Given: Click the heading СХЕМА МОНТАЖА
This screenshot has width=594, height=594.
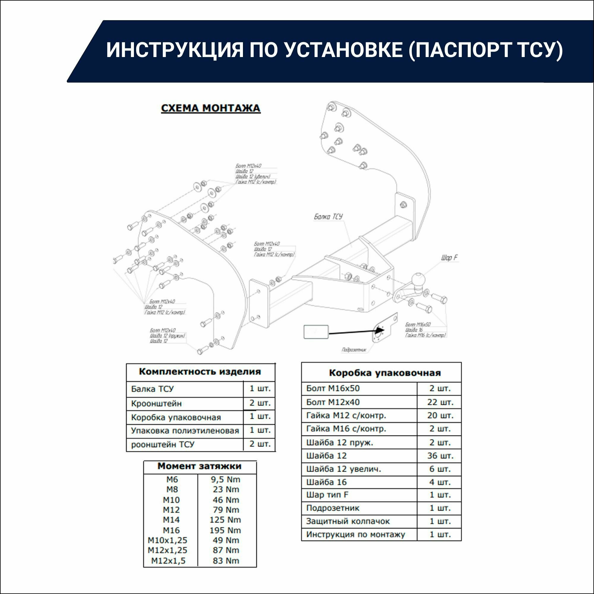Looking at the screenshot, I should point(211,108).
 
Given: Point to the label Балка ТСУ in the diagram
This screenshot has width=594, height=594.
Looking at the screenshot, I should point(328,217).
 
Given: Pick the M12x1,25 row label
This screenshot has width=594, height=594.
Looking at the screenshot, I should point(167,550).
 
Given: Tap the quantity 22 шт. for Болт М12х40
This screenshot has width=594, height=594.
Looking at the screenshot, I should point(440,402).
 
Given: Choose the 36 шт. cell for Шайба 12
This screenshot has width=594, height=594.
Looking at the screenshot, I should point(440,456).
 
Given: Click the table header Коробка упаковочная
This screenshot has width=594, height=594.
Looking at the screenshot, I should point(385,373).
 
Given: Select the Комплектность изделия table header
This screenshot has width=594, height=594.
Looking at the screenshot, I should point(200,372).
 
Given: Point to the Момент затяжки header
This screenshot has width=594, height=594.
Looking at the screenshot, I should point(199,466).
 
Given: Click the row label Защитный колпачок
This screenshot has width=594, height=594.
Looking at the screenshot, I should point(348,521).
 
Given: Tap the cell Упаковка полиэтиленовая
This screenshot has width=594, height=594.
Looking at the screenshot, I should point(185,430).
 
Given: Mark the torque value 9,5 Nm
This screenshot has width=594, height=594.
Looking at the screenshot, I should point(226,479).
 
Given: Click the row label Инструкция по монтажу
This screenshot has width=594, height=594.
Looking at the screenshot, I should point(356,534).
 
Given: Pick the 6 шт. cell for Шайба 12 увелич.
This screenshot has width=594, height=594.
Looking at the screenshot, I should point(440,469).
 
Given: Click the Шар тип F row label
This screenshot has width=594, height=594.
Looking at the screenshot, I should point(327,495).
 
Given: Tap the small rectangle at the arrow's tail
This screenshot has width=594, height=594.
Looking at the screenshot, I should point(316,332).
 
